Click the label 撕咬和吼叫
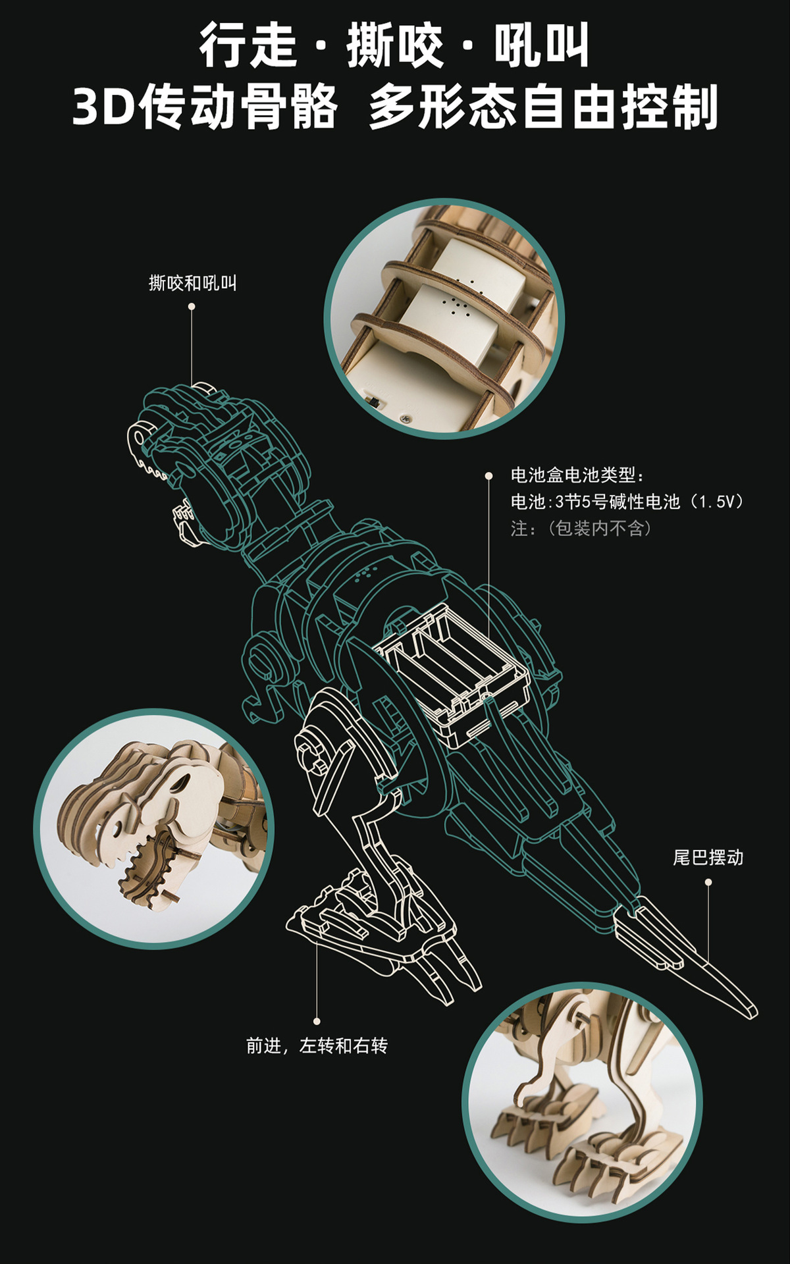(192, 284)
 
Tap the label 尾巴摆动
(708, 858)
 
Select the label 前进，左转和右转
(317, 1045)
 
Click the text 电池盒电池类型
(577, 475)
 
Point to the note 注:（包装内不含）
(581, 529)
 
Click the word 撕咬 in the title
(394, 45)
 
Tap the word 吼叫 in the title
(541, 45)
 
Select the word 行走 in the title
(248, 45)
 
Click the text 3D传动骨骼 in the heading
(205, 107)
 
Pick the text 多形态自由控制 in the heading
(542, 107)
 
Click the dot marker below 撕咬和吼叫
(192, 307)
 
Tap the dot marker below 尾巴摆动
(708, 882)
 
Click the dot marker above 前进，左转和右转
(317, 1021)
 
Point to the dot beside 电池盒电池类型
(488, 475)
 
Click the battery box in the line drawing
(454, 671)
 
